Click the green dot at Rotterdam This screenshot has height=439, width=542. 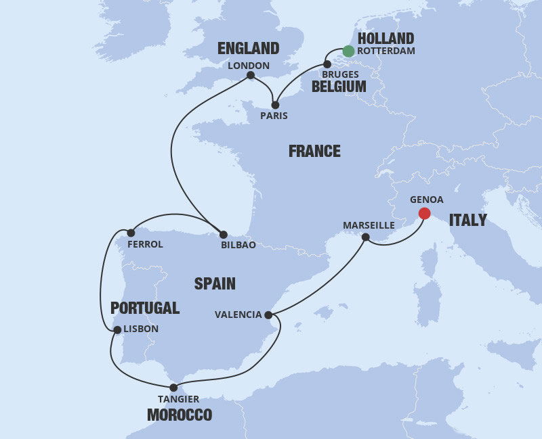tap(348, 51)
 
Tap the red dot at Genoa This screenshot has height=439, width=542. tap(424, 214)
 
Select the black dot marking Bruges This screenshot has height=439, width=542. tap(327, 64)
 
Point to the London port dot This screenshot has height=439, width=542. tap(251, 75)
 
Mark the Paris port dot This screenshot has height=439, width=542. tap(275, 105)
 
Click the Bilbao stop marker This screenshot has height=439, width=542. tap(224, 234)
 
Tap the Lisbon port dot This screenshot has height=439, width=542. tap(118, 330)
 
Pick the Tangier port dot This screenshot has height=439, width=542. tap(174, 388)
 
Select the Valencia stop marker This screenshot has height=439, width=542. tap(269, 315)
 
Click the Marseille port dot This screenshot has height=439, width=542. tap(366, 237)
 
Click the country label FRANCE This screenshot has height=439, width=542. tap(314, 151)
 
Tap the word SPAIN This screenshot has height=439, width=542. tap(215, 283)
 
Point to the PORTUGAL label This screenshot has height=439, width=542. tap(145, 308)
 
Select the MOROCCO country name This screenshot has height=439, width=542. tap(180, 415)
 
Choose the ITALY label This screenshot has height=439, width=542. tap(467, 220)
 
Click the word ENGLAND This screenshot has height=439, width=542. tap(248, 48)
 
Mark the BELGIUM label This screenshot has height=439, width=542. tap(339, 87)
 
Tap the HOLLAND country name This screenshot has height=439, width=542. tap(385, 38)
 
